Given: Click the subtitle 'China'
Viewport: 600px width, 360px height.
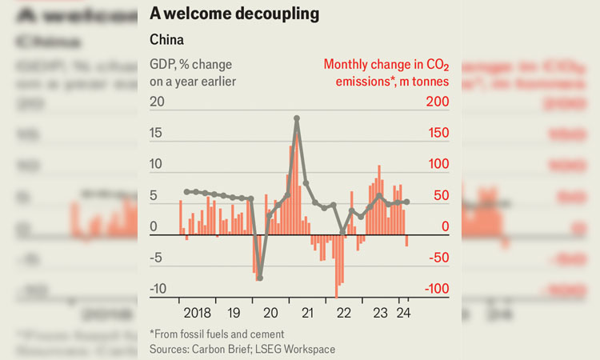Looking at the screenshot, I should [166, 38].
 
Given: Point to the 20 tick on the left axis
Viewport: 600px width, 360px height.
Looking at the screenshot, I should [157, 102].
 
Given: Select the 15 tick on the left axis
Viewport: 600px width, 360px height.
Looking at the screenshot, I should [157, 133].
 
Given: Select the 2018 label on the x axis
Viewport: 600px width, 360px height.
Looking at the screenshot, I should [196, 313].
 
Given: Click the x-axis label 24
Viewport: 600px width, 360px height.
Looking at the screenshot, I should [405, 313].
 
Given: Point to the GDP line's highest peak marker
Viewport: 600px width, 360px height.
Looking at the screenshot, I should [297, 118].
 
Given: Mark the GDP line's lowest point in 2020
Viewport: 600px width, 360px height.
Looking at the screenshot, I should [259, 278].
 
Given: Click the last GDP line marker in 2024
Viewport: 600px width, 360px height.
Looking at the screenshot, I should [407, 202].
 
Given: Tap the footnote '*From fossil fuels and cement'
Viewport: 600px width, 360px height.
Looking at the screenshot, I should [216, 334].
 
